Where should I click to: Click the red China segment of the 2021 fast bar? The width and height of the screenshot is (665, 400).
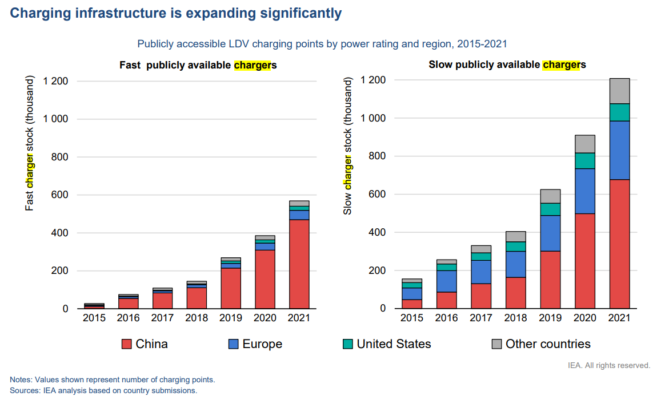click(299, 264)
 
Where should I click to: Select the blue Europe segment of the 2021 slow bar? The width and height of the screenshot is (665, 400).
click(619, 150)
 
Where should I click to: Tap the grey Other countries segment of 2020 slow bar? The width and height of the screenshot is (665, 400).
click(584, 144)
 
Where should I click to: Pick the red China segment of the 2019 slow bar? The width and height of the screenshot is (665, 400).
click(550, 280)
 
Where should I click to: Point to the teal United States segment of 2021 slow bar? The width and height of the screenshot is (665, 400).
click(619, 112)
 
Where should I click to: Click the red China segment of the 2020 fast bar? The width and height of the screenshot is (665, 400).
click(265, 279)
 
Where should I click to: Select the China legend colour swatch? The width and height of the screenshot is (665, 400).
click(126, 344)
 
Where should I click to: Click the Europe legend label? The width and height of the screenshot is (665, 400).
click(262, 344)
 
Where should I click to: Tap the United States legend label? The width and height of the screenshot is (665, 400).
click(394, 344)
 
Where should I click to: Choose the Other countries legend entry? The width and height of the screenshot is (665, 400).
click(540, 344)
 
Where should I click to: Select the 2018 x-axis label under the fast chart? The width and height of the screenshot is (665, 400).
click(198, 318)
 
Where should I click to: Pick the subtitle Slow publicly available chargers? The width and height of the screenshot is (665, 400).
click(507, 65)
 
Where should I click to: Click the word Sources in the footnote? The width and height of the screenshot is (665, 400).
click(22, 391)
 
